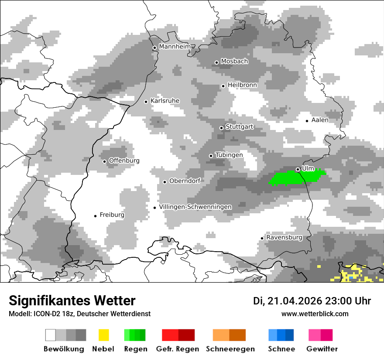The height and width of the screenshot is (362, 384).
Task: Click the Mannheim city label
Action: (x=175, y=47)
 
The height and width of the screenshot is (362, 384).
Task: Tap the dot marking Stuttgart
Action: (x=221, y=128)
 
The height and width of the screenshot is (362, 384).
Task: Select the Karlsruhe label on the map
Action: (x=165, y=101)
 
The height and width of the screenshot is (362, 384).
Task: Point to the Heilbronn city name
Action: (x=242, y=85)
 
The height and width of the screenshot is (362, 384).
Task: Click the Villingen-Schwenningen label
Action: (x=195, y=207)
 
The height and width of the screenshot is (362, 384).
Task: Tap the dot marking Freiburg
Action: (x=95, y=216)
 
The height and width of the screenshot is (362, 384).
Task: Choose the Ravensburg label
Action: (x=284, y=238)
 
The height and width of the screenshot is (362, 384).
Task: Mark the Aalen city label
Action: (x=320, y=120)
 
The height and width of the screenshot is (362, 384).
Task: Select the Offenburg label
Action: (x=124, y=161)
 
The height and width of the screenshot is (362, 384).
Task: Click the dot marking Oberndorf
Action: (x=165, y=182)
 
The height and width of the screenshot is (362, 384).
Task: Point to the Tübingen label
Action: (x=229, y=155)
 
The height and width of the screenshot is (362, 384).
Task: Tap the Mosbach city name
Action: (x=234, y=61)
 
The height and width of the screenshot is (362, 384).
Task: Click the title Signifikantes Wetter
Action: (x=72, y=301)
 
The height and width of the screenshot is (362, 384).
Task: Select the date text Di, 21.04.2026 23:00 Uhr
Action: (x=312, y=301)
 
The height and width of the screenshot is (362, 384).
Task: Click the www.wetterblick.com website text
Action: (x=315, y=314)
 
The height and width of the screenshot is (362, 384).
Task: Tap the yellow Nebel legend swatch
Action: (x=103, y=335)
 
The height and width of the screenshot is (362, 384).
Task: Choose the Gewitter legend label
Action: (x=322, y=349)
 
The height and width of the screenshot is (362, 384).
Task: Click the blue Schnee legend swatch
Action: (x=281, y=335)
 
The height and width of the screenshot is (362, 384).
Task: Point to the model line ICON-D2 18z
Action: (x=79, y=314)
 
